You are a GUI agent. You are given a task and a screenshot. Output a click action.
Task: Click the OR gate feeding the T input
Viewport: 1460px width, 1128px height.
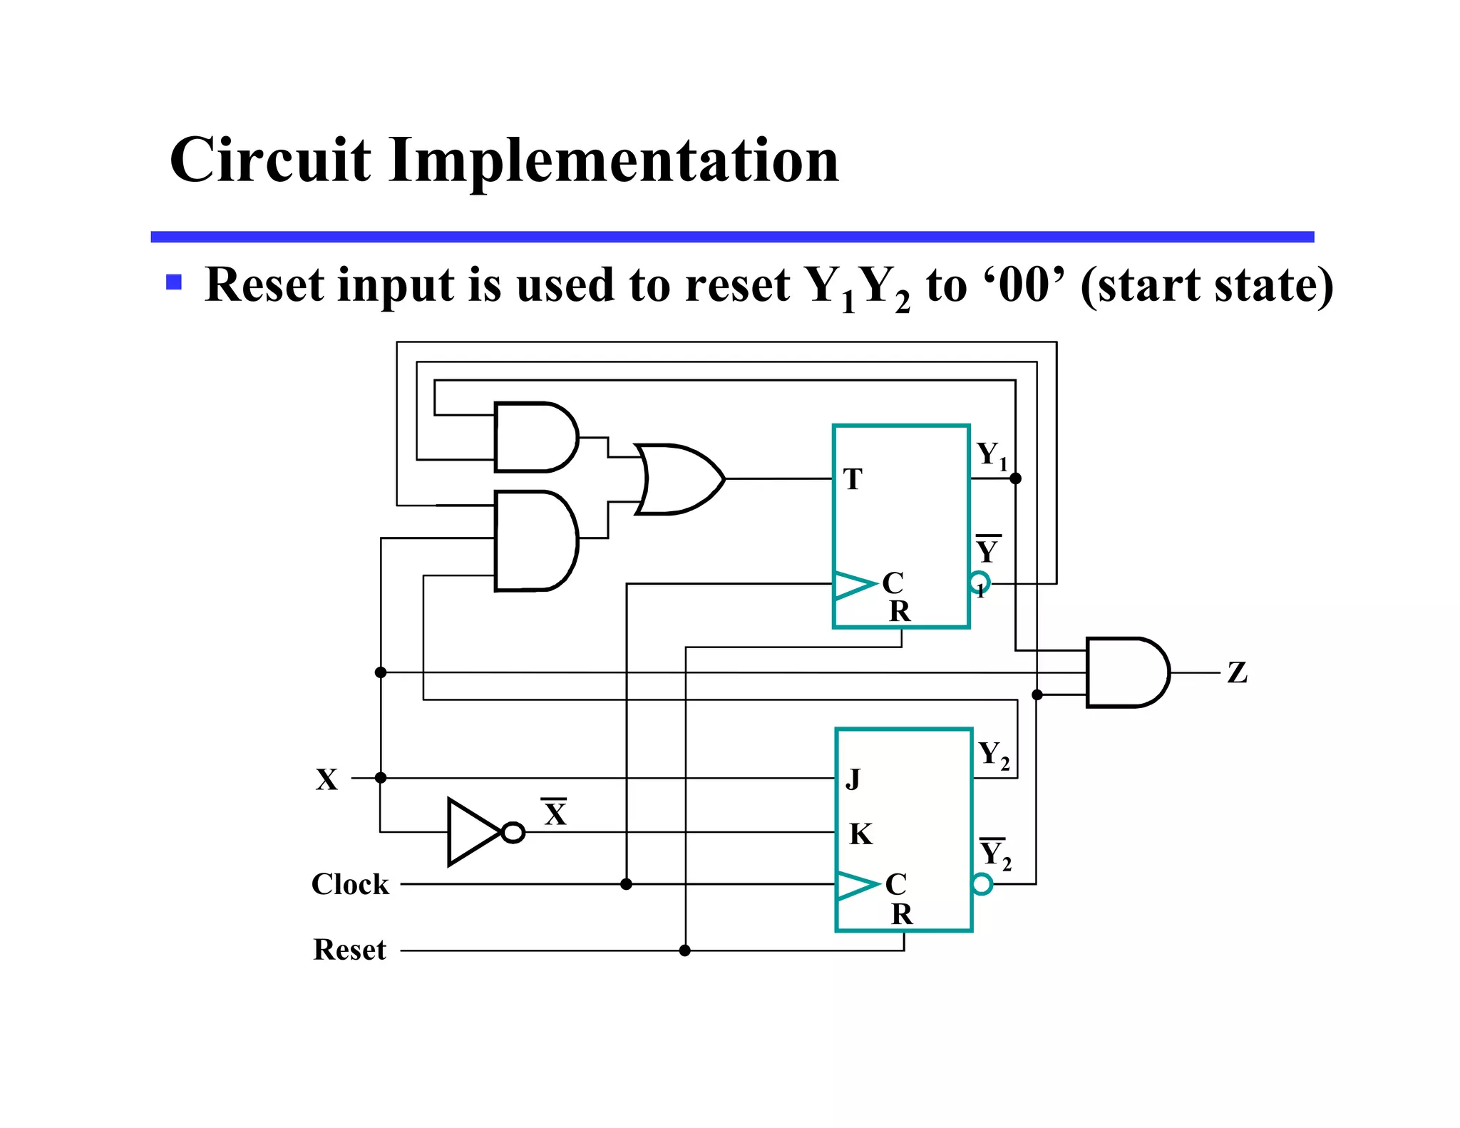tap(677, 479)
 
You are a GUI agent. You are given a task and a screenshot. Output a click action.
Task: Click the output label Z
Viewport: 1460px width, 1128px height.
tap(1237, 672)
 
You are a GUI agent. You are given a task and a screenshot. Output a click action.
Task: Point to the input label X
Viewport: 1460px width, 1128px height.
tap(327, 779)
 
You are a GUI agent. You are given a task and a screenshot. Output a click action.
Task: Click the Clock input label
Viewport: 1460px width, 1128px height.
tap(350, 884)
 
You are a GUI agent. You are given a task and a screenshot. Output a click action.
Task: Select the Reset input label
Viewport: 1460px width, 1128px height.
tap(349, 950)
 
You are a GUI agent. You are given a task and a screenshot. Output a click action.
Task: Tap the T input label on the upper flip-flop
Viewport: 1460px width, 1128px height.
tap(853, 479)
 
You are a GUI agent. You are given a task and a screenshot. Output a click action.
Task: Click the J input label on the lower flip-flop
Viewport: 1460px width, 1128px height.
tap(853, 779)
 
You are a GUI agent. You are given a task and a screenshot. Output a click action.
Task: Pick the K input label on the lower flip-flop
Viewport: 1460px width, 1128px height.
tap(860, 834)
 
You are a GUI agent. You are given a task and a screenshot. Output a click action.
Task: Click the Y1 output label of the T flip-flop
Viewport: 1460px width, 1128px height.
tap(991, 455)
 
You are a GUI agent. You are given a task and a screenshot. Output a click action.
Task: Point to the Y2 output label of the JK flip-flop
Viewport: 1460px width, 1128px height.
tap(993, 754)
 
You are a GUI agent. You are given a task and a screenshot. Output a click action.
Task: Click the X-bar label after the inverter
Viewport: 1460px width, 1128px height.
tap(555, 813)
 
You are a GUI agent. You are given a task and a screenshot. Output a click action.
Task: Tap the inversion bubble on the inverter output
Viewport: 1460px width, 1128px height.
tap(513, 832)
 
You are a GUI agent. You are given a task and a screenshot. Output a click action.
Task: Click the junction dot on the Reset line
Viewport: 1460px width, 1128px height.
tap(685, 950)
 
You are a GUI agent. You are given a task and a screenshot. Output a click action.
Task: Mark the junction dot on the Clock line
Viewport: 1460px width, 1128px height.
tap(626, 884)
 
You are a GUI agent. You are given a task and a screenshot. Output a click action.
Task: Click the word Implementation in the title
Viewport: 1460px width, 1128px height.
tap(614, 160)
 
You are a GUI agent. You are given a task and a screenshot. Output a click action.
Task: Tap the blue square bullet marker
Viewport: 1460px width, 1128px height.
tap(174, 282)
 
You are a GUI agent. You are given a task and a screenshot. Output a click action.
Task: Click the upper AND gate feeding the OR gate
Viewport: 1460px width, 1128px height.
tap(535, 437)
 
